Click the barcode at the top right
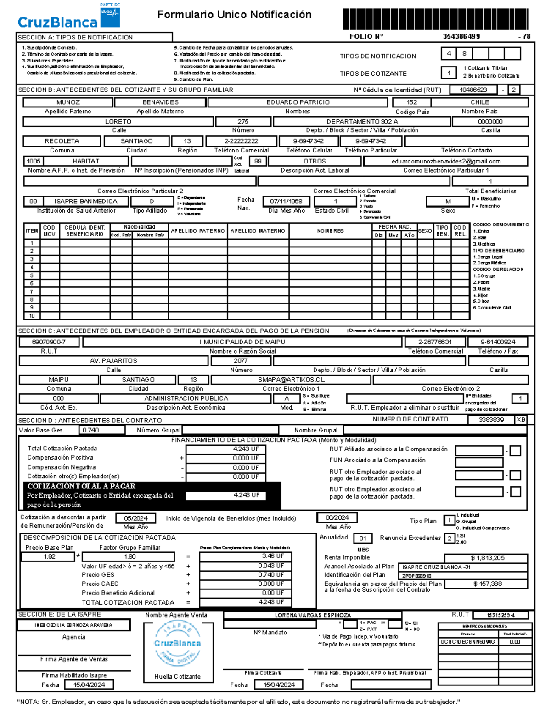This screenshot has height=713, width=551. pyautogui.click(x=435, y=19)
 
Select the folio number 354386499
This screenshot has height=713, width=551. pyautogui.click(x=461, y=36)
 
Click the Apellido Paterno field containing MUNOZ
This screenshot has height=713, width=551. pyautogui.click(x=68, y=102)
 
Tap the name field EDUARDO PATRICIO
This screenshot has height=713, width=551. pyautogui.click(x=298, y=102)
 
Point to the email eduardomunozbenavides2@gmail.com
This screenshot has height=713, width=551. pyautogui.click(x=445, y=161)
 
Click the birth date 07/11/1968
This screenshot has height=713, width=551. pyautogui.click(x=286, y=201)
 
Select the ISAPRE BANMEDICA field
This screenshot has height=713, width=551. pyautogui.click(x=85, y=201)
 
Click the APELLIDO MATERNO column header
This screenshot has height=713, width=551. pyautogui.click(x=258, y=231)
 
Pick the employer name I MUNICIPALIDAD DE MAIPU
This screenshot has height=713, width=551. pyautogui.click(x=242, y=342)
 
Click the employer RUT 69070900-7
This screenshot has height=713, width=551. pyautogui.click(x=49, y=342)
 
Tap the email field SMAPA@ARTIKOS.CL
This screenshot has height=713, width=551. pyautogui.click(x=291, y=380)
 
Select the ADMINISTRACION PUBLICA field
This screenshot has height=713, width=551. pyautogui.click(x=186, y=399)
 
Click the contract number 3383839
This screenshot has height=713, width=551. pyautogui.click(x=491, y=420)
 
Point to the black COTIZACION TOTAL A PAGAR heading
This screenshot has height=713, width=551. pyautogui.click(x=82, y=486)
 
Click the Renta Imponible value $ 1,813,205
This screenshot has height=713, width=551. pyautogui.click(x=487, y=558)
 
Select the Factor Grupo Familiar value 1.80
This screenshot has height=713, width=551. pyautogui.click(x=129, y=556)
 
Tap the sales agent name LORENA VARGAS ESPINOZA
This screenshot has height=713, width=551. pyautogui.click(x=312, y=615)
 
